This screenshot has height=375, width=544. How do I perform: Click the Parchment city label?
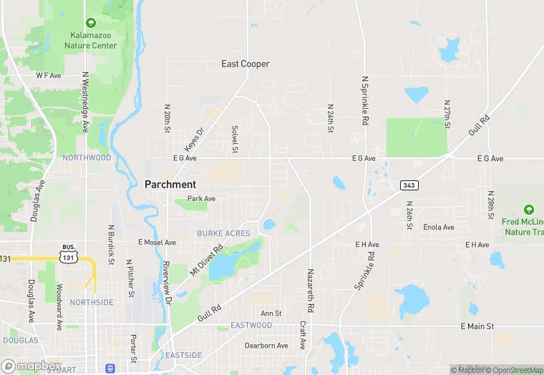tap(170, 184)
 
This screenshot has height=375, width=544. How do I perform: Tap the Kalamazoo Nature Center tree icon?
tap(91, 24)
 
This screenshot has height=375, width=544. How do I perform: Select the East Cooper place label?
tap(246, 64)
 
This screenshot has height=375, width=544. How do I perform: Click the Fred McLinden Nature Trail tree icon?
tap(529, 210)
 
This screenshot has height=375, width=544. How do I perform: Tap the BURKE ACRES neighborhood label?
tap(223, 233)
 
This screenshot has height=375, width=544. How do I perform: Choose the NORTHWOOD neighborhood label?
tap(87, 157)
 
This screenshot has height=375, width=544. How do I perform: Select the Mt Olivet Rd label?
tap(206, 262)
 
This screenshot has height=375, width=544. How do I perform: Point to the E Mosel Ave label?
tap(157, 243)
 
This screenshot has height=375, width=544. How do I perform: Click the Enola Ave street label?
tap(439, 228)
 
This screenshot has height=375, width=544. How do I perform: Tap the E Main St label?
tap(477, 326)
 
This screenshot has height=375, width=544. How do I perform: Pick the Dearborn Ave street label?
tap(266, 346)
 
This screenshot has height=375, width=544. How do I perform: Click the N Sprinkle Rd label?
tap(364, 102)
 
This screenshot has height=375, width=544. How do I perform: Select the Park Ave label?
tap(201, 198)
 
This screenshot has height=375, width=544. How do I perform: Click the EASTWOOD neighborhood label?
tap(251, 326)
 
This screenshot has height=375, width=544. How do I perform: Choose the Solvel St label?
tap(234, 140)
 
